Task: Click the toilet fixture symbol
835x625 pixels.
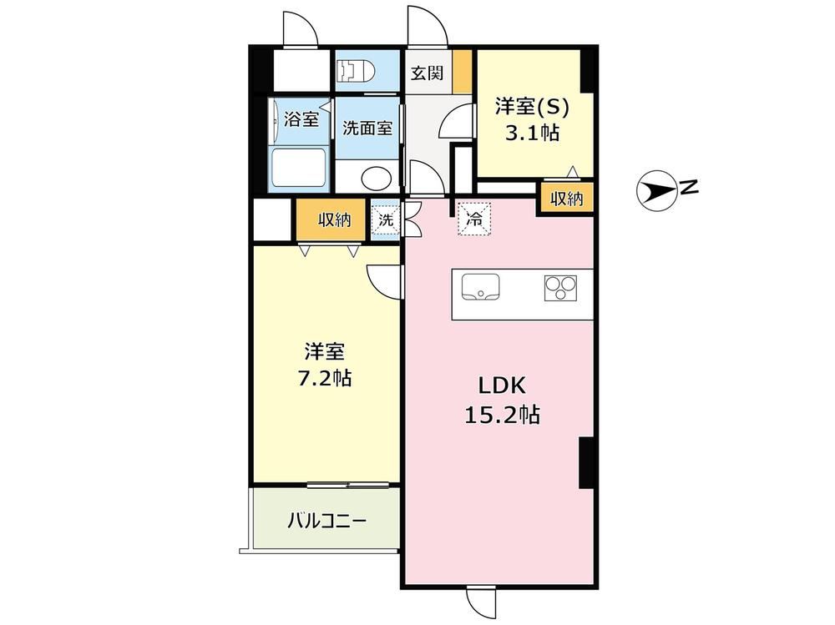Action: coord(356,70)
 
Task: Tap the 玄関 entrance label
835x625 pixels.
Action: coord(427,73)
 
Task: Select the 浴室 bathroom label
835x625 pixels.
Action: coord(301,118)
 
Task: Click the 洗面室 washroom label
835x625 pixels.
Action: coord(367,128)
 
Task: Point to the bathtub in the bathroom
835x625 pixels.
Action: coord(298,167)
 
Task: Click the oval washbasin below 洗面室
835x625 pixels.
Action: coord(376,179)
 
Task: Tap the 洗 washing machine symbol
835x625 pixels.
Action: coord(385,219)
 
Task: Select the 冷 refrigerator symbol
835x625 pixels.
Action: coord(474,218)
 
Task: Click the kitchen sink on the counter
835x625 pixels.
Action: coord(480,288)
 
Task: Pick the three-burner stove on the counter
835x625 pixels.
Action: coord(560,288)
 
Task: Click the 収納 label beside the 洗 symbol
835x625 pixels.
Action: coord(335,219)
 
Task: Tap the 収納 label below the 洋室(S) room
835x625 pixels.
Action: coord(567,199)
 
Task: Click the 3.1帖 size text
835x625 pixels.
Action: coord(533,133)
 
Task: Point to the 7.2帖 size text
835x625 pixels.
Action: coord(324,379)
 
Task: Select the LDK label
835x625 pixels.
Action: coord(502,386)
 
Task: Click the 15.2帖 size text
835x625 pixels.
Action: coord(503,414)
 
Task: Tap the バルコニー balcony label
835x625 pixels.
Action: coord(327,520)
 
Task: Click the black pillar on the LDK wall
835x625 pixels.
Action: coord(587,462)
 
